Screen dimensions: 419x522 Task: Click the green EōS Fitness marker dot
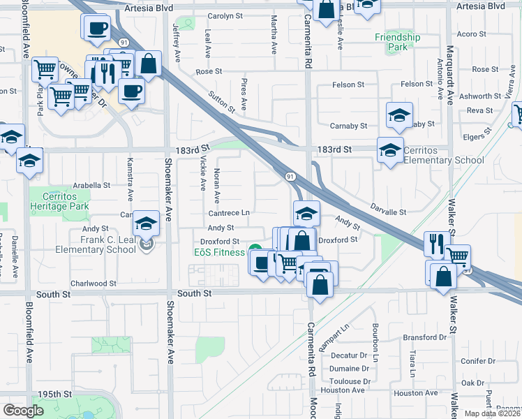[x=255, y=250]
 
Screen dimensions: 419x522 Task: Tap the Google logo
[x=23, y=411]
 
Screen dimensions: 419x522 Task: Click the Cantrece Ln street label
[x=228, y=212]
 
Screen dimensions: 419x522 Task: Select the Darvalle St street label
[x=389, y=212]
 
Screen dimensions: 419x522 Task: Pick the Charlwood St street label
[x=94, y=284]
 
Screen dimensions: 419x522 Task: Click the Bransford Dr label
[x=424, y=337]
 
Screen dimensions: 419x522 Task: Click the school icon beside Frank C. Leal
[x=146, y=223]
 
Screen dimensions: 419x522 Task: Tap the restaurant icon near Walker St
[x=435, y=243]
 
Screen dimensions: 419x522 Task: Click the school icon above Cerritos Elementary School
[x=398, y=116]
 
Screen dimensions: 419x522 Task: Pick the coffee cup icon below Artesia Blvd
[x=96, y=29]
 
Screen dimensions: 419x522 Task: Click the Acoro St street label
[x=471, y=34]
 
